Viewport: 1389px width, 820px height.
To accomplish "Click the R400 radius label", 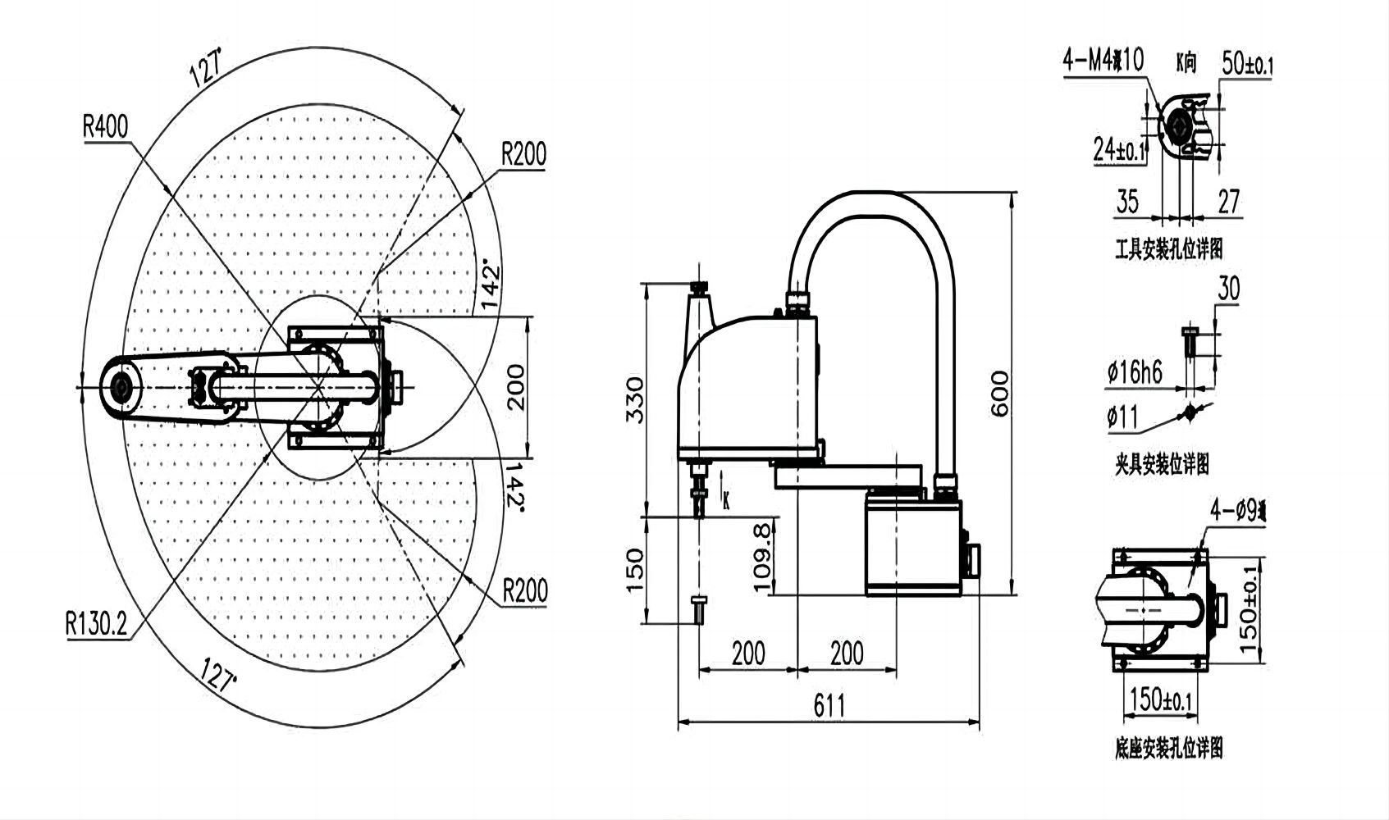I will (106, 127).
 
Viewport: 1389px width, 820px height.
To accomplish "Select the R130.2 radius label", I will (97, 625).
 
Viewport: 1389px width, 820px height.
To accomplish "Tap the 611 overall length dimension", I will (829, 705).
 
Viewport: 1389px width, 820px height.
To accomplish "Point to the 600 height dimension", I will (1000, 394).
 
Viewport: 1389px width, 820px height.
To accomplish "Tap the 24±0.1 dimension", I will (1119, 149).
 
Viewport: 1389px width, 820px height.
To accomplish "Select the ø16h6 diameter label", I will (1134, 373).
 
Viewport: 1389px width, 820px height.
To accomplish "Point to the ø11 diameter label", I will (1122, 418).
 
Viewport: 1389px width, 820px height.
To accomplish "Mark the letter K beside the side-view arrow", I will (726, 502).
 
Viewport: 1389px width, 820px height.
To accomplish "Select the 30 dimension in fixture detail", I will (1228, 289).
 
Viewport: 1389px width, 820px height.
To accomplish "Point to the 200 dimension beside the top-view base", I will (514, 386).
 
